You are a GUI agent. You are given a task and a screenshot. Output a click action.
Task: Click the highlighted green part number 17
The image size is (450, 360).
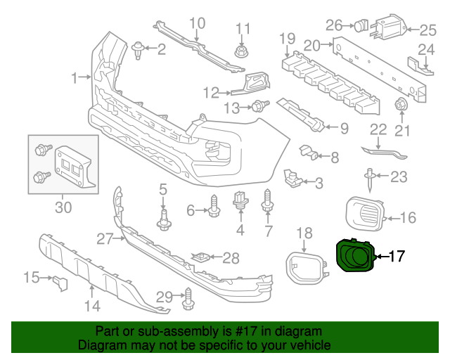coord(355,256)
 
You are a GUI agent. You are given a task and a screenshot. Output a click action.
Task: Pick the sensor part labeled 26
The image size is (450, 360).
coord(360,26)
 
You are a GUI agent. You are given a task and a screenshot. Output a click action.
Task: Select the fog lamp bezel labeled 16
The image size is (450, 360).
coord(365,213)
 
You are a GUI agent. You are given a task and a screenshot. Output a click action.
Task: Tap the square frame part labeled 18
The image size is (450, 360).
coord(303,268)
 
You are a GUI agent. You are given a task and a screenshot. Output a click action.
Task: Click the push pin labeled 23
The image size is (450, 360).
coord(371,180)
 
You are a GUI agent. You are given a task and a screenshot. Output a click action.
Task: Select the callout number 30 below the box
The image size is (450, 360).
coord(63,207)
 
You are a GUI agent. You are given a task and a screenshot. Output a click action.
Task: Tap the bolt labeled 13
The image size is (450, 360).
coord(260,107)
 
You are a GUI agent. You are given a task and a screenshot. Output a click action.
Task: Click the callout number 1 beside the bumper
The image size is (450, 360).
coord(75,77)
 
